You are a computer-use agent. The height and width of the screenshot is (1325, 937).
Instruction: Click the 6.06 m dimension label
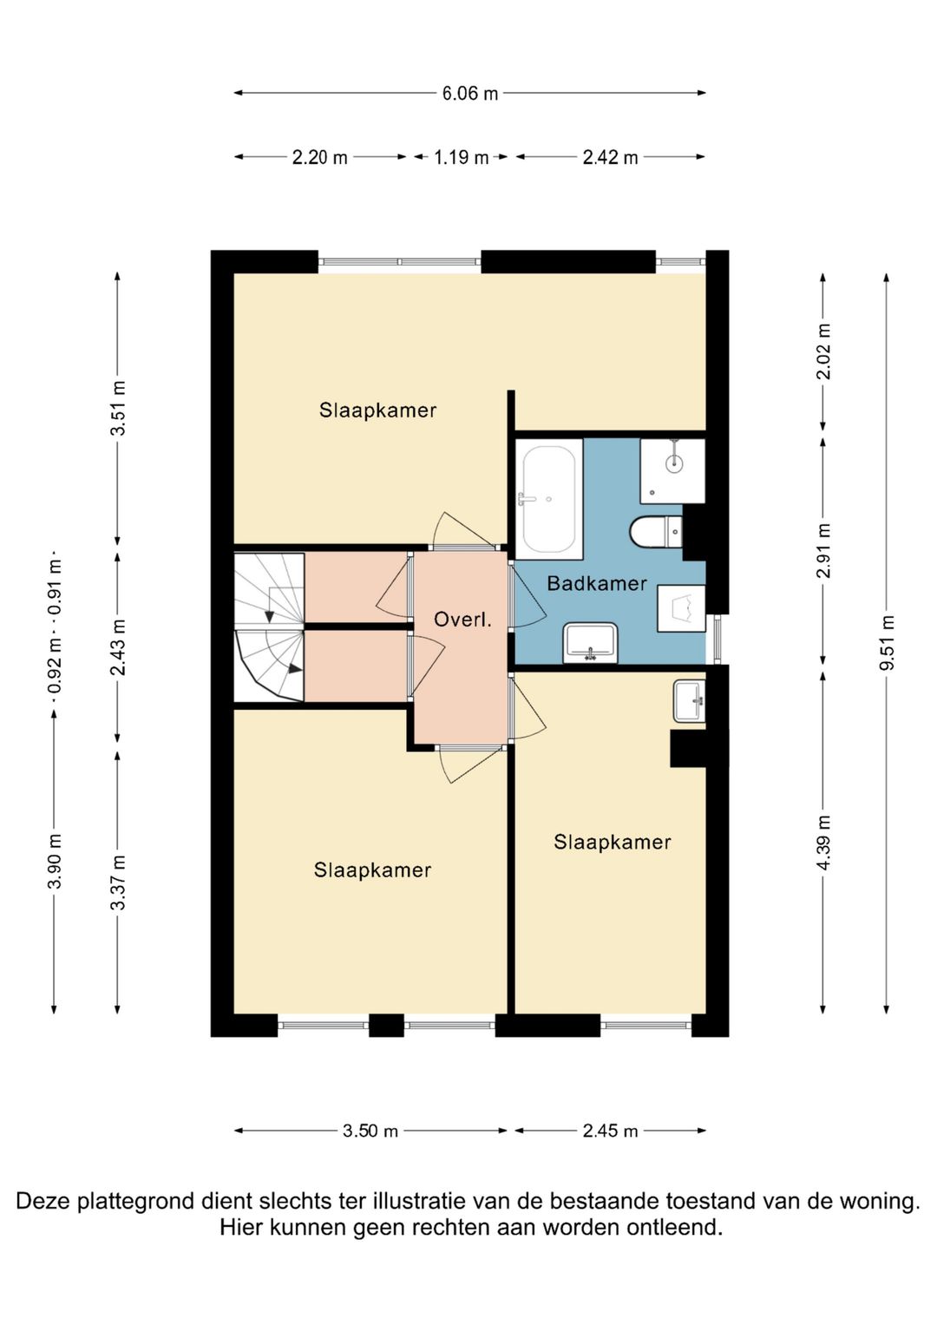pos(469,94)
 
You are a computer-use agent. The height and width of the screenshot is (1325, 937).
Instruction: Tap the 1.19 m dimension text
pos(461,157)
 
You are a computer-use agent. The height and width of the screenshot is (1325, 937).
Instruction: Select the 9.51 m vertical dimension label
pos(888,642)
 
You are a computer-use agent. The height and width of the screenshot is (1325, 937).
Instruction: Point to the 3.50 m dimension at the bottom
pos(370,1131)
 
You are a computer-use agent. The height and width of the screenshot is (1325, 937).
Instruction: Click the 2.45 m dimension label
pos(610,1131)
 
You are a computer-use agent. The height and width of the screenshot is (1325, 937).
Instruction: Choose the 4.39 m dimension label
pos(824,842)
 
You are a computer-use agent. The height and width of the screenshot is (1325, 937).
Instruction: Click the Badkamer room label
pos(596,584)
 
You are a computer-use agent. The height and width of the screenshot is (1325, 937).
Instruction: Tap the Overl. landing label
pos(462,620)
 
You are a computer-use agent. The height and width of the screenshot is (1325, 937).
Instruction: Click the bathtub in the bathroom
pos(549,499)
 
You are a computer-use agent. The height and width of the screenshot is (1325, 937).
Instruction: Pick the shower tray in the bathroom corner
pos(672,470)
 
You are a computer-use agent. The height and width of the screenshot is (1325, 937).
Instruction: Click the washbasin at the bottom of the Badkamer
pos(590,642)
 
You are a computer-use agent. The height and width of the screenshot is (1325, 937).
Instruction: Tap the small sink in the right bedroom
pos(689,701)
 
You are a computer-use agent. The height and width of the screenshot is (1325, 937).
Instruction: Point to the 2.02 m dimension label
pos(824,351)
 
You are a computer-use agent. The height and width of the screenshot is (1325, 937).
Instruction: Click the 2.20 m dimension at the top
pos(319,157)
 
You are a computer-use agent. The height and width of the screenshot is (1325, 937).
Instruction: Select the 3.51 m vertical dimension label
pos(119,408)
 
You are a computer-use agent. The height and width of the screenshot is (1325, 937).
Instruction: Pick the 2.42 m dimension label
pos(610,157)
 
